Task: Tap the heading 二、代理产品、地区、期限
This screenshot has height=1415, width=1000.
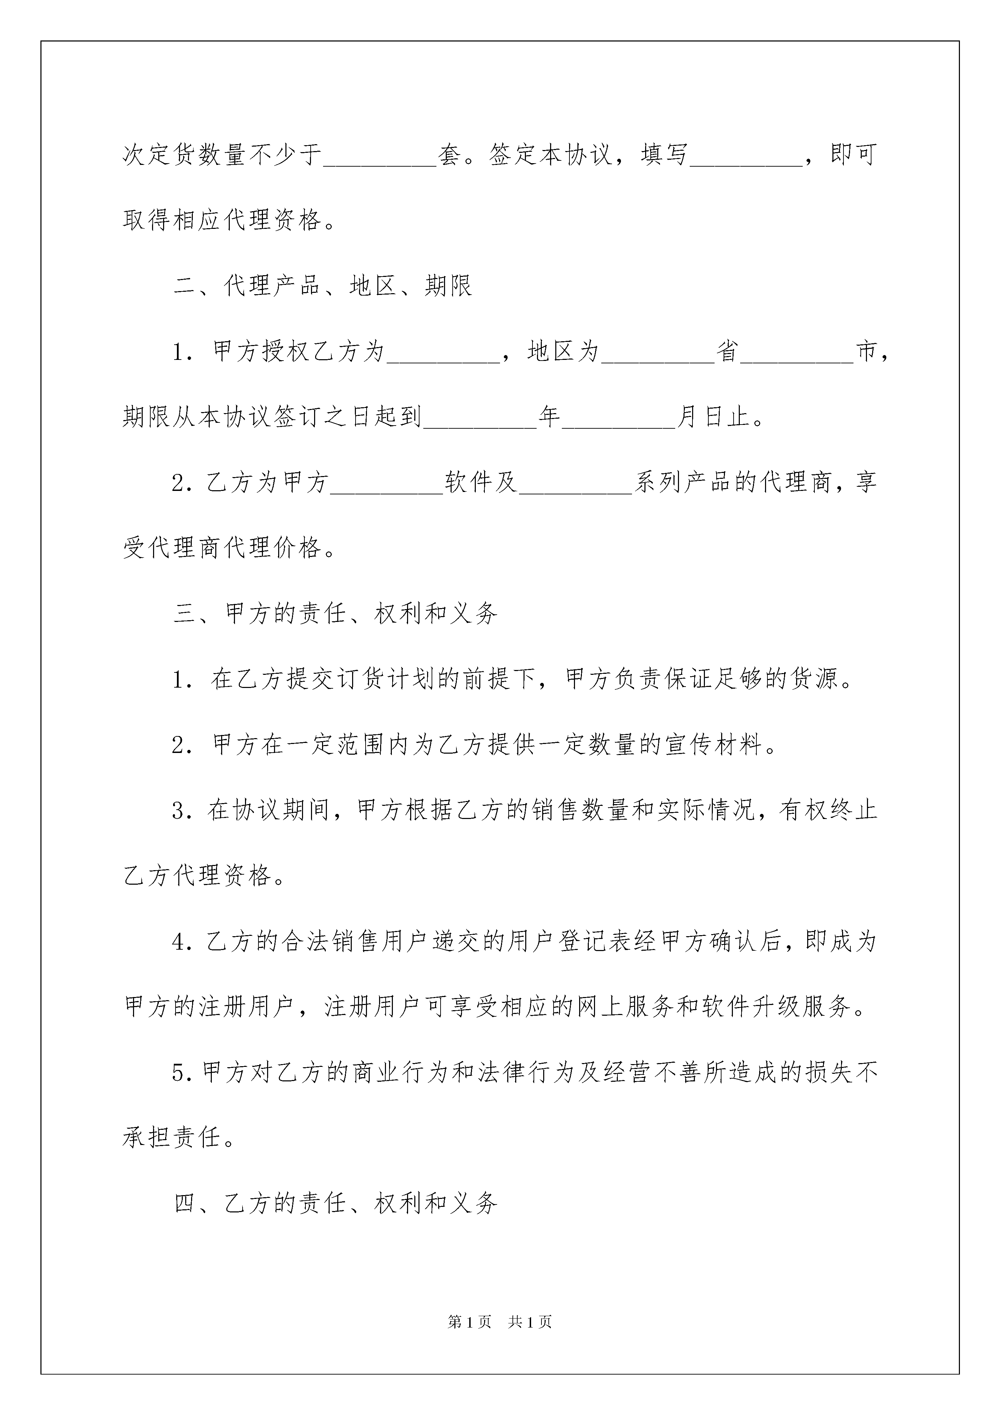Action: pyautogui.click(x=323, y=286)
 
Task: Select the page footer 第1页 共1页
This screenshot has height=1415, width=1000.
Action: pyautogui.click(x=500, y=1322)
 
